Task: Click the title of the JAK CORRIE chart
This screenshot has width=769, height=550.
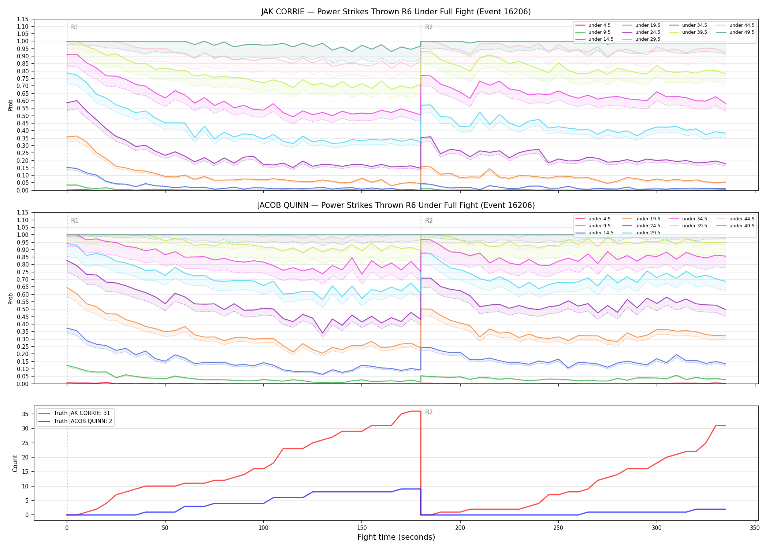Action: (x=396, y=12)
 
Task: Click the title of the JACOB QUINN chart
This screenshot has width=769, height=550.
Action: (x=396, y=205)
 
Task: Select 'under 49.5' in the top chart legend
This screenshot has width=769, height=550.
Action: (x=742, y=32)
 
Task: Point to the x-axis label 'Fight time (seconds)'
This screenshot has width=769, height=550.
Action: (x=396, y=537)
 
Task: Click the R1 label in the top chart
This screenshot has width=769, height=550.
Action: (x=75, y=27)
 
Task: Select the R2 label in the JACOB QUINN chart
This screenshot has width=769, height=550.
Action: (x=429, y=220)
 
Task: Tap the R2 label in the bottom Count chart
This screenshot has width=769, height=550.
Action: (x=429, y=412)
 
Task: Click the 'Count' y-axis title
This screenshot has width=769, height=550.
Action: (x=15, y=463)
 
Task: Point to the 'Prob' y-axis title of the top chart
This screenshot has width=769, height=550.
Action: (x=11, y=105)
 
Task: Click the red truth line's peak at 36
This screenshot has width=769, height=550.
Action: (x=416, y=411)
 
